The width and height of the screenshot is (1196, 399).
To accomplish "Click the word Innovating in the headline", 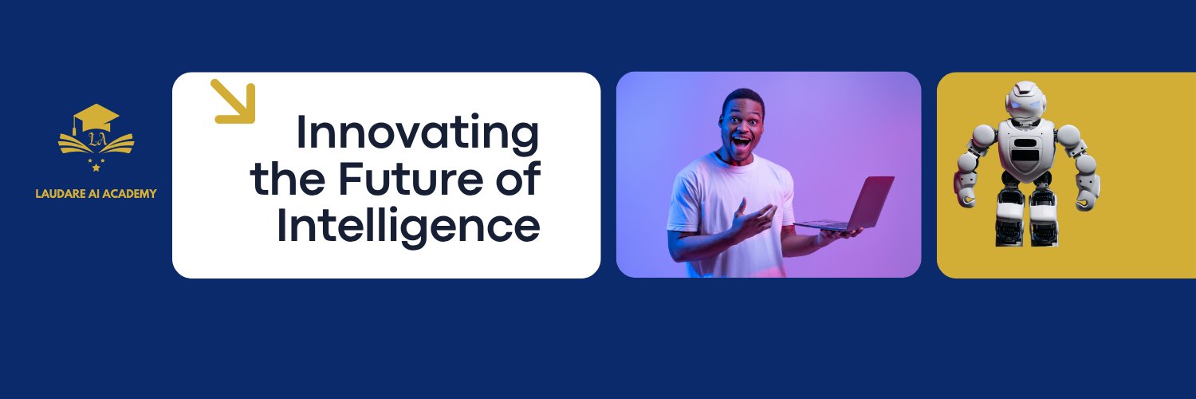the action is pyautogui.click(x=418, y=134).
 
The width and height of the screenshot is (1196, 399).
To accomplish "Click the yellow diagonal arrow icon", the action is pyautogui.click(x=233, y=101).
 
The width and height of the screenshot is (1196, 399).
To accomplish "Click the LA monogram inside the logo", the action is pyautogui.click(x=96, y=140).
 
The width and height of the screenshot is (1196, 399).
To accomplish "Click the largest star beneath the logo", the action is pyautogui.click(x=96, y=168).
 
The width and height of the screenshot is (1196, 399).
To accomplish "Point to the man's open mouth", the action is pyautogui.click(x=741, y=143).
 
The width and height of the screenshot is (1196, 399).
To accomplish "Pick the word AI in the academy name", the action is pyautogui.click(x=95, y=194).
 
